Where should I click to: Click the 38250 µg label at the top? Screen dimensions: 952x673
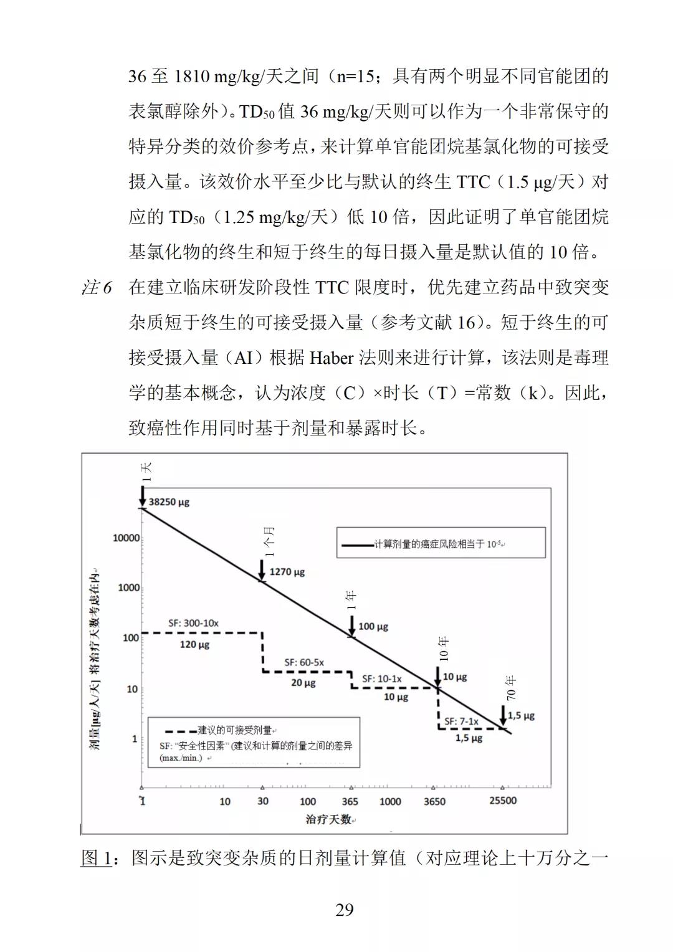169,502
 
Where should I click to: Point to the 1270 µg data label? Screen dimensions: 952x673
287,571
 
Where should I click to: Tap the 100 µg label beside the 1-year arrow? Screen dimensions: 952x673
373,626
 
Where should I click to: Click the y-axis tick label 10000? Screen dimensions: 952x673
126,538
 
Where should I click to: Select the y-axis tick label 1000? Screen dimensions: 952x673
128,588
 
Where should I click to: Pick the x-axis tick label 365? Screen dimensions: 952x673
350,801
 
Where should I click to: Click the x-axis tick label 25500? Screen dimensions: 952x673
502,801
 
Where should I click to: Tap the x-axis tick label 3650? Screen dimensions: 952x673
434,801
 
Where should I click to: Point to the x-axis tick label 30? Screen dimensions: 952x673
263,801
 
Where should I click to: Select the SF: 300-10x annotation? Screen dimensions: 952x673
193,622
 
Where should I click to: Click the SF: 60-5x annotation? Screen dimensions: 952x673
304,662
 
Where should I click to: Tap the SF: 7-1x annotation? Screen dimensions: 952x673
461,721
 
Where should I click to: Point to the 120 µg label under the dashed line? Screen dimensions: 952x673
194,644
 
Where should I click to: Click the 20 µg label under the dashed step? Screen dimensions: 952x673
303,682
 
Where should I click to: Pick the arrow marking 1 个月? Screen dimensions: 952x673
262,569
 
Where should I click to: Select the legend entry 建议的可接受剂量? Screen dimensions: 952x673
234,730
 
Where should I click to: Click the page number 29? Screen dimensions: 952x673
345,910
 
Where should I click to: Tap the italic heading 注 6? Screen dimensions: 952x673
97,287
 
